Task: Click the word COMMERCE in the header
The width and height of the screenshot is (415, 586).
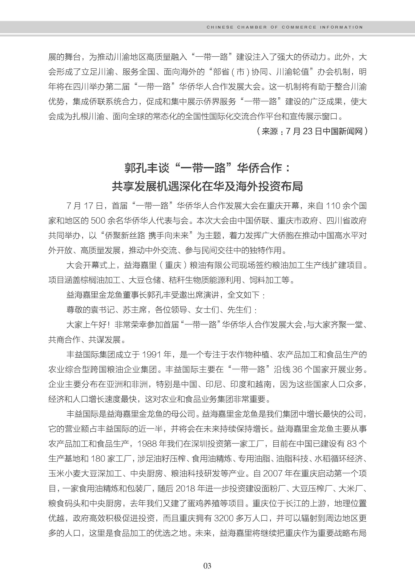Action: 299,27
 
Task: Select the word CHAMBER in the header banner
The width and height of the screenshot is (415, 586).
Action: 252,27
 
